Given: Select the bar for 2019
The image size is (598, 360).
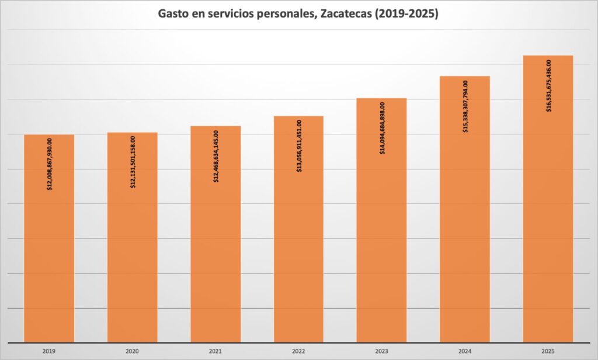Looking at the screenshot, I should click(49, 263).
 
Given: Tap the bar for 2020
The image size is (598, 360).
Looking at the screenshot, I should click(133, 263).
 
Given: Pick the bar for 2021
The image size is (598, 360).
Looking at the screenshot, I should click(215, 263).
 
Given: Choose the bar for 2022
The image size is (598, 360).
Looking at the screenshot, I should click(298, 263).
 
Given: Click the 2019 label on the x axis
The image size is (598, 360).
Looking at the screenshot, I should click(49, 352).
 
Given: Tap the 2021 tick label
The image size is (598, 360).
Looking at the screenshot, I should click(215, 352).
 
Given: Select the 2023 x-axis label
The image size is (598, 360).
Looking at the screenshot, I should click(381, 352).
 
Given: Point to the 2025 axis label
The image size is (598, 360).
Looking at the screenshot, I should click(548, 352).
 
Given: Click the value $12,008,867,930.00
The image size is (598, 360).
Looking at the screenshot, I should click(50, 164).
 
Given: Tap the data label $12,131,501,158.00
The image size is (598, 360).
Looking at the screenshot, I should click(133, 162).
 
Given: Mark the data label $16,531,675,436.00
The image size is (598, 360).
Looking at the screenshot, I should click(548, 85).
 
